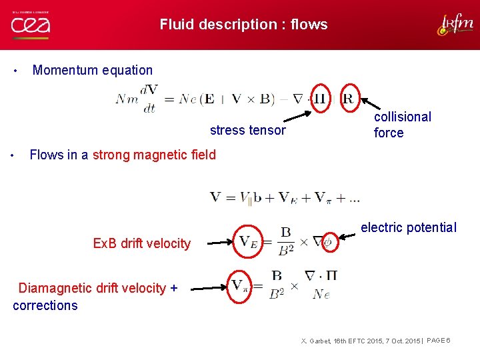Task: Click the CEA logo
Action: pyautogui.click(x=30, y=25)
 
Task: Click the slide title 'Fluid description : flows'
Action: pyautogui.click(x=243, y=25)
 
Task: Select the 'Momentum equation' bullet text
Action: pyautogui.click(x=93, y=70)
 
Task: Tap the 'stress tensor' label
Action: pyautogui.click(x=247, y=130)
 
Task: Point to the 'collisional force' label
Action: pyautogui.click(x=402, y=125)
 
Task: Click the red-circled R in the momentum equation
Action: pyautogui.click(x=348, y=98)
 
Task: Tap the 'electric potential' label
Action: pyautogui.click(x=409, y=227)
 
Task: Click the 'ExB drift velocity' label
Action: pyautogui.click(x=142, y=243)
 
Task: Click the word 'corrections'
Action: pyautogui.click(x=45, y=305)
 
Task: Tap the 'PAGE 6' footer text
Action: pyautogui.click(x=439, y=341)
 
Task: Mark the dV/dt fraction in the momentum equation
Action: pyautogui.click(x=150, y=99)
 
